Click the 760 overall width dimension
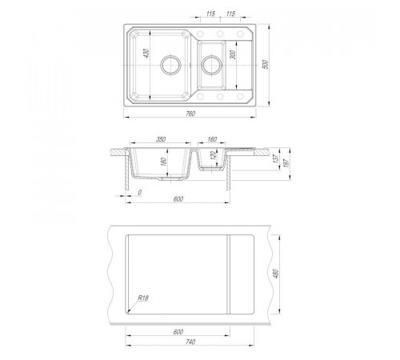coord(190,114)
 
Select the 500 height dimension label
coord(265,65)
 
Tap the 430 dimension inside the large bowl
coord(146,53)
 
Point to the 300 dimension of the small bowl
coord(233,54)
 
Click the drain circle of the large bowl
coord(170,65)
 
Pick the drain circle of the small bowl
coord(211,65)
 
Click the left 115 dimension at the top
coord(210,14)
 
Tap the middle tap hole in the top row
coord(220,34)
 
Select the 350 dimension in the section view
coord(161,139)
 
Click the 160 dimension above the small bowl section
coord(212,139)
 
